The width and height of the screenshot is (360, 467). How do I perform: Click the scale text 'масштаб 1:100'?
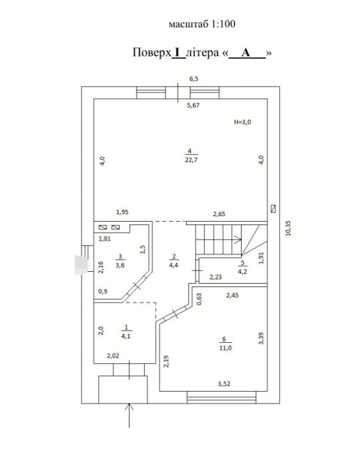[x=202, y=24]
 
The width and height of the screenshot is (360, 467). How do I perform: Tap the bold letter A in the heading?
[x=246, y=52]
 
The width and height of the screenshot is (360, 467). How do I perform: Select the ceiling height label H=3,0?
[x=242, y=122]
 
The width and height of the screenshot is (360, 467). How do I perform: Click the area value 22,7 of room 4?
[x=191, y=160]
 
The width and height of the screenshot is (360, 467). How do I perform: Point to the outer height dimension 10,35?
[x=288, y=229]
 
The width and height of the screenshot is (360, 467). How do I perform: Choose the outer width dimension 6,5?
[x=194, y=79]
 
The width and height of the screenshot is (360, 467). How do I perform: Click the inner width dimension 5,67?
[x=193, y=105]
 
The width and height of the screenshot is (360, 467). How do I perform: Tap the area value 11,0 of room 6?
[x=226, y=348]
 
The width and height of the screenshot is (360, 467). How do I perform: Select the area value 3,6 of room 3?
[x=120, y=265]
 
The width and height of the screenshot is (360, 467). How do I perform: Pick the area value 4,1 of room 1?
[x=125, y=336]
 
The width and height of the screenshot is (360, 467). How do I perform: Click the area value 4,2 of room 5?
[x=242, y=271]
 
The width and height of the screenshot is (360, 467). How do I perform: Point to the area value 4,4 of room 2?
[x=173, y=265]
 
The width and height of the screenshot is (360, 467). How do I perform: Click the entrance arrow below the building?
[x=129, y=415]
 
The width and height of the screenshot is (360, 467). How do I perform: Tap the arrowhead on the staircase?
[x=238, y=240]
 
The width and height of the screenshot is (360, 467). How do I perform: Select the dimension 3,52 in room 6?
[x=224, y=383]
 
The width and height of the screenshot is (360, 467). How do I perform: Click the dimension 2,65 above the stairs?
[x=219, y=214]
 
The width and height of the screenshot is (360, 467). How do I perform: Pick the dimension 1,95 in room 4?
[x=123, y=212]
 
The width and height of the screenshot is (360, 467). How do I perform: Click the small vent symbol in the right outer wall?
[x=273, y=208]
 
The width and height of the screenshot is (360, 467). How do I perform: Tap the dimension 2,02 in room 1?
[x=113, y=355]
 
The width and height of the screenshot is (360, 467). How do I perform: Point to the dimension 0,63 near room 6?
[x=199, y=299]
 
